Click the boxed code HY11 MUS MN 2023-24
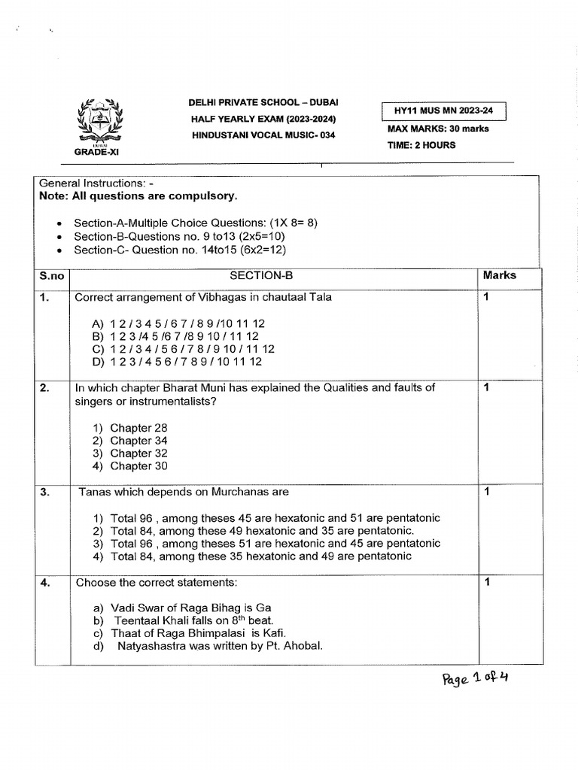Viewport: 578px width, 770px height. pos(443,111)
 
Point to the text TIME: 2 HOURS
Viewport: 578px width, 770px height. pos(421,145)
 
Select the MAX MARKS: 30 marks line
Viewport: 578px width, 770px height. pos(437,129)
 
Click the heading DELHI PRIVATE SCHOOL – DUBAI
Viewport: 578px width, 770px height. pos(263,102)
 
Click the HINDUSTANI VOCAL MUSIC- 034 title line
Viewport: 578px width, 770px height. pos(263,135)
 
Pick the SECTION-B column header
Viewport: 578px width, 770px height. pos(275,276)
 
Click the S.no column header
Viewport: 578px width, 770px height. pos(49,276)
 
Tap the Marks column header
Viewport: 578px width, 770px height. pos(500,275)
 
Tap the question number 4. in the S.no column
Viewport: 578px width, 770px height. pos(44,583)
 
